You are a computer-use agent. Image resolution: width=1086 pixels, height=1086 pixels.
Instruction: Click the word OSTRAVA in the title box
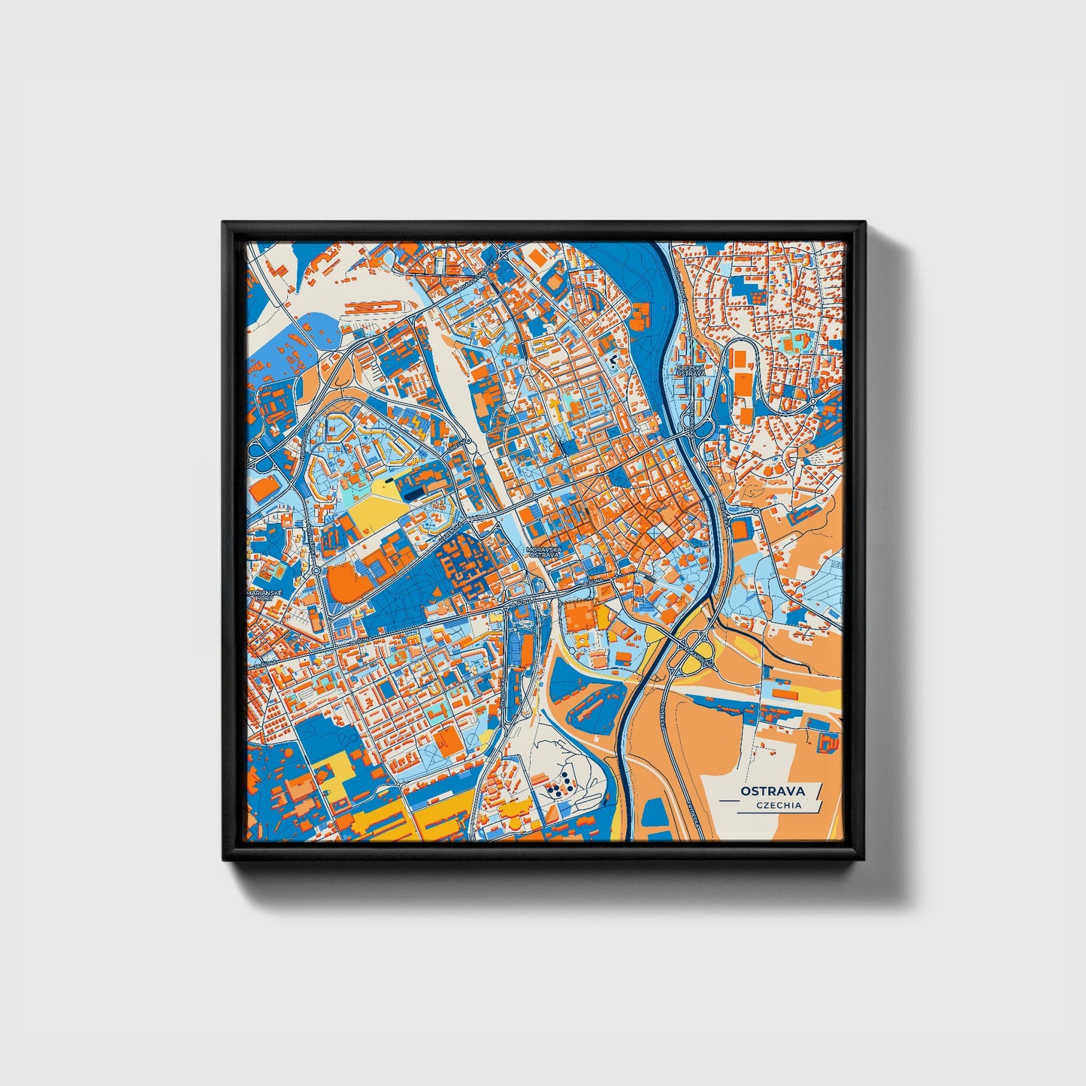[x=772, y=791]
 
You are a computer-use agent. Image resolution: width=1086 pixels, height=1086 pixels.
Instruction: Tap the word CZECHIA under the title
[x=779, y=805]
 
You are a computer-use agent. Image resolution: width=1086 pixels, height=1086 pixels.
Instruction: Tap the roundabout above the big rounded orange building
[x=316, y=570]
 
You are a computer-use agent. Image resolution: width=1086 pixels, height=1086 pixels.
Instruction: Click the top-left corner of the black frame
[x=225, y=224]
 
